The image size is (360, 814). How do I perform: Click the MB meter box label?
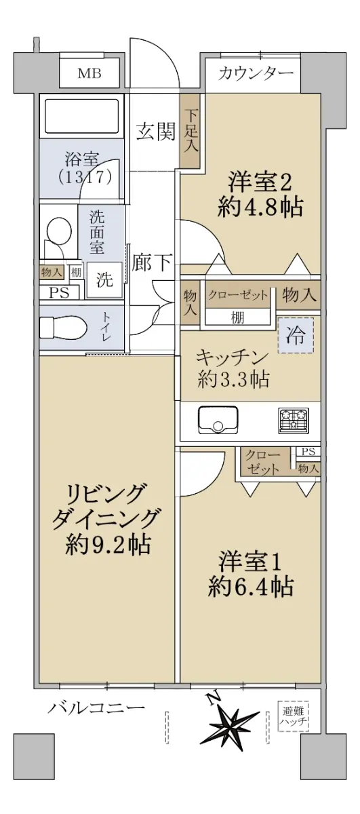click(x=89, y=74)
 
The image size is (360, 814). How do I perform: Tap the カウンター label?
click(x=256, y=74)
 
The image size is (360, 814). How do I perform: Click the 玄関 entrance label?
click(x=156, y=131)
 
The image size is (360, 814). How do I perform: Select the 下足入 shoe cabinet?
click(x=191, y=130)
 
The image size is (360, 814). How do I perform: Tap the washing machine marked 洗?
click(x=104, y=279)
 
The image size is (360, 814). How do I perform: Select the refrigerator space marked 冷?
click(x=296, y=336)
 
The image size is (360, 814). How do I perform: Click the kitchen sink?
click(x=218, y=420)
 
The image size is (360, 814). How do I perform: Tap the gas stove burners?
click(x=294, y=421)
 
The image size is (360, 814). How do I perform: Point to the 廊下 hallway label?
click(x=151, y=262)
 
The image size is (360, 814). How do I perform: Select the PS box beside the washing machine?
click(x=59, y=293)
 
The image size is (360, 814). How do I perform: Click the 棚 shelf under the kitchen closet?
click(x=237, y=318)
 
